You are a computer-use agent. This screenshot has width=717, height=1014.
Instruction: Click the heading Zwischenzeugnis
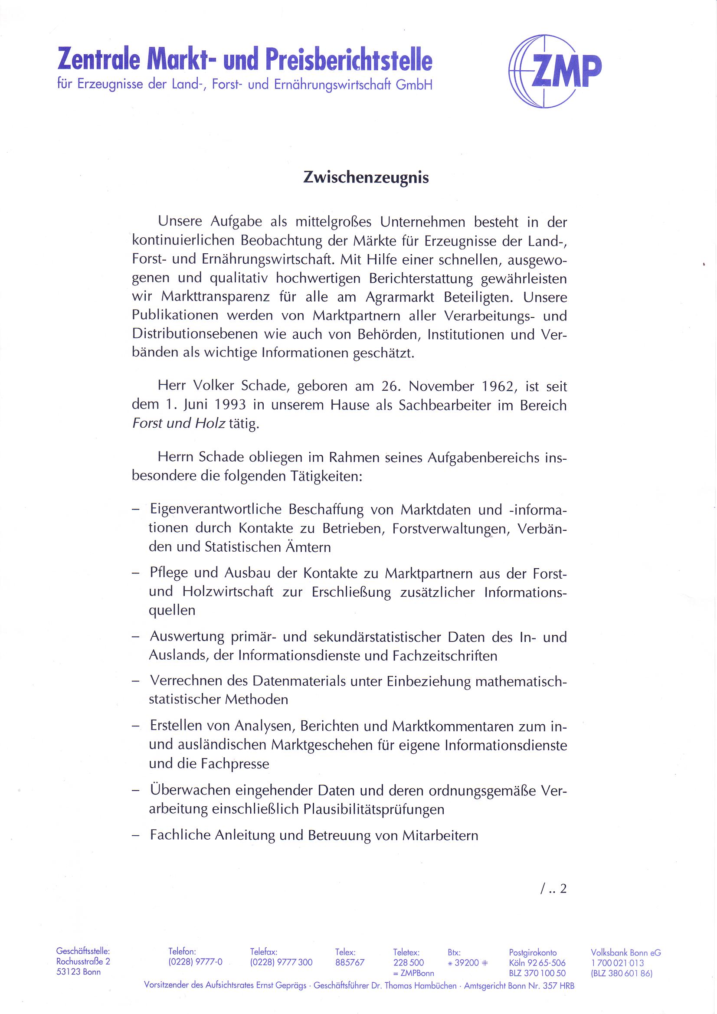[x=366, y=177]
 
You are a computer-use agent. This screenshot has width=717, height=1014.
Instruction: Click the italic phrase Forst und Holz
[x=179, y=424]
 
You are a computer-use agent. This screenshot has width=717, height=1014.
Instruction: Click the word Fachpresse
[x=235, y=764]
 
